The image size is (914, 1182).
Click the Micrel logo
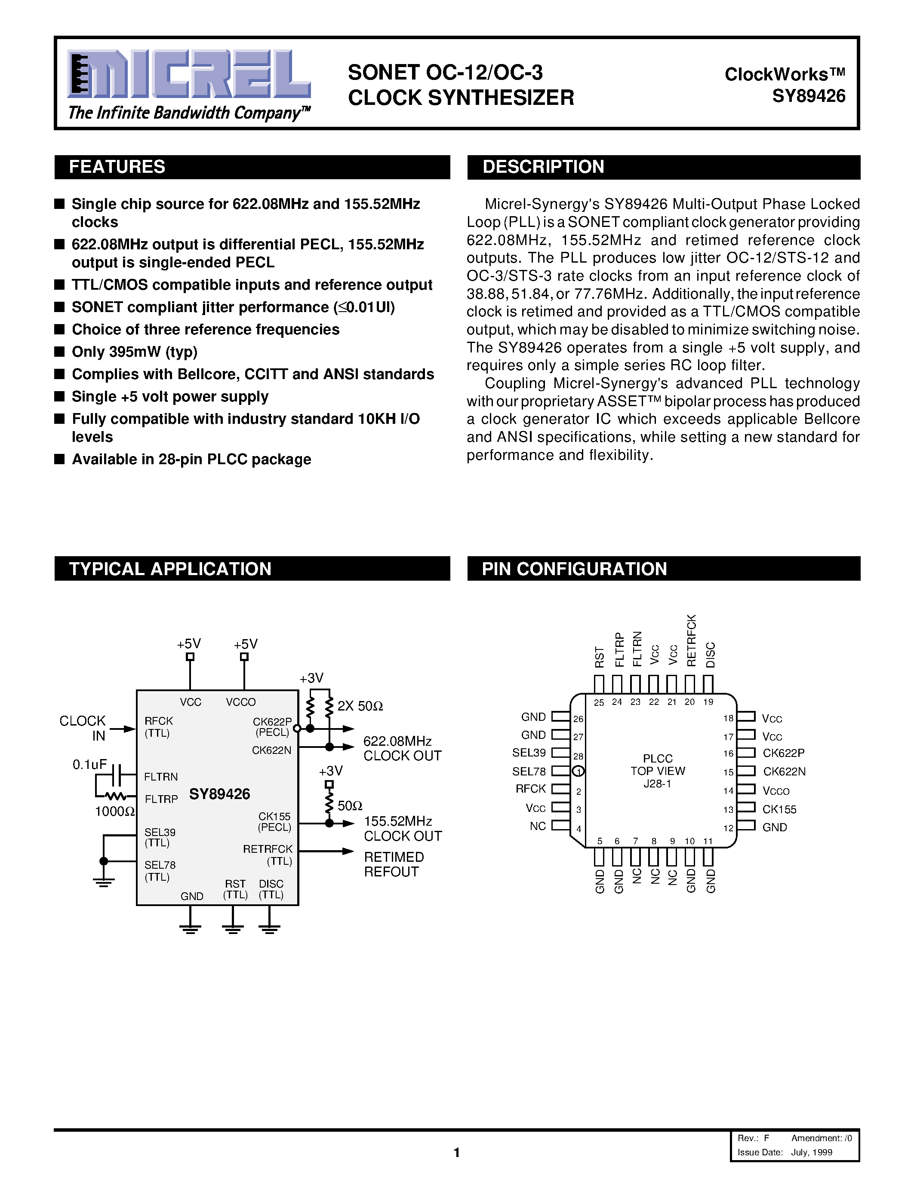point(188,74)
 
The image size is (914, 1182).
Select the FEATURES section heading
point(117,167)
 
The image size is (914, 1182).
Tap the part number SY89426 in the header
point(809,96)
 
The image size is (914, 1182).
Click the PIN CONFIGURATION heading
point(574,569)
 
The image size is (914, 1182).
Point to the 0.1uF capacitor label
point(89,764)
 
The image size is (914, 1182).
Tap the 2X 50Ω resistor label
point(360,706)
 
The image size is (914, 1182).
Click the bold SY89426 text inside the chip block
point(219,794)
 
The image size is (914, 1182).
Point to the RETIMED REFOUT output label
point(394,864)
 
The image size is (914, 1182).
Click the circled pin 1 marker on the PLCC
point(578,771)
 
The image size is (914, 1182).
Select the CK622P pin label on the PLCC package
point(784,753)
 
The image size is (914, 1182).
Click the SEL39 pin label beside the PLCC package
point(529,753)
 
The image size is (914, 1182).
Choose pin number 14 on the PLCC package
point(728,791)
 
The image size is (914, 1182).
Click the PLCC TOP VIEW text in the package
point(657,765)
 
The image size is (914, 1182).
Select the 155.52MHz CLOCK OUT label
point(402,829)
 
